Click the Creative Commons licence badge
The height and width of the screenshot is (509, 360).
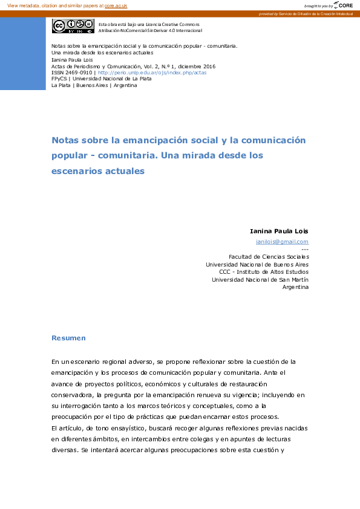coord(73,26)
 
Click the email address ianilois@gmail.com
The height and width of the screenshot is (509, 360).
coord(282,241)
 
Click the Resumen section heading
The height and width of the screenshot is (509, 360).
coord(68,338)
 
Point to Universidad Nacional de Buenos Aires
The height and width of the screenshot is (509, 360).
coord(257,264)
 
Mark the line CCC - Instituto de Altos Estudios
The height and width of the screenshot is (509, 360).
coord(264,272)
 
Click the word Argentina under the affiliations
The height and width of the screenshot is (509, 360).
coord(295,287)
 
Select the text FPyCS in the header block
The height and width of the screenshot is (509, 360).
coord(59,79)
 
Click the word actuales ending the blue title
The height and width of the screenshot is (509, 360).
coord(124,171)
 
